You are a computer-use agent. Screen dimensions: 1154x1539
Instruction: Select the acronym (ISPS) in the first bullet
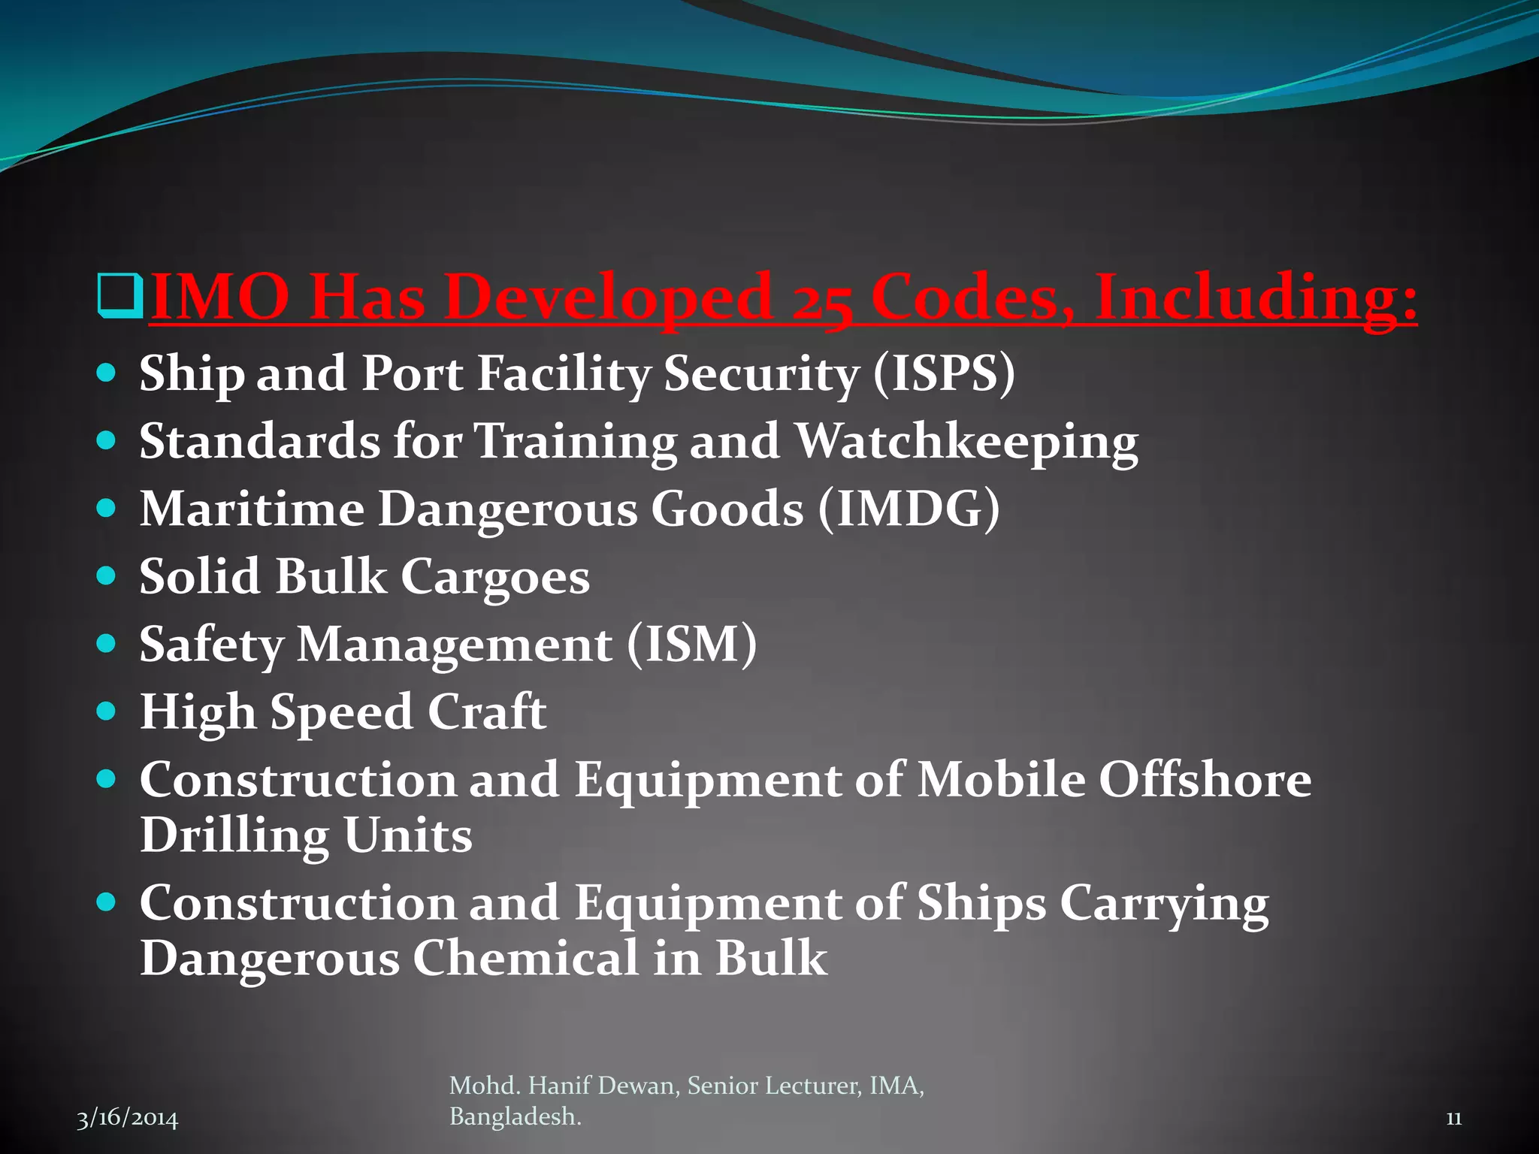[x=944, y=373]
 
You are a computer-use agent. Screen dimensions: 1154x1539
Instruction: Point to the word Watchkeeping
[x=966, y=442]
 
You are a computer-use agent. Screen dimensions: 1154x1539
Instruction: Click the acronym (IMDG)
[x=909, y=509]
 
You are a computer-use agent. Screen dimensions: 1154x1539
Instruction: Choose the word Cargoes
[x=495, y=577]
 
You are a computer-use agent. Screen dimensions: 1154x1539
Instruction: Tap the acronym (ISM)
[x=691, y=645]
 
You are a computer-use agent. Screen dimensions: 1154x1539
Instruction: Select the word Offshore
[x=1205, y=780]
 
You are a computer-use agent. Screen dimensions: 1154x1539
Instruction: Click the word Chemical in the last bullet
[x=526, y=959]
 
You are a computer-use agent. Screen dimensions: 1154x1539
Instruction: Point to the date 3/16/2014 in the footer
[x=128, y=1119]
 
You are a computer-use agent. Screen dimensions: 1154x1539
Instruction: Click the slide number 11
[x=1453, y=1119]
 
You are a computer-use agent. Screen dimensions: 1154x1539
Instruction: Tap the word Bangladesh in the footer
[x=515, y=1117]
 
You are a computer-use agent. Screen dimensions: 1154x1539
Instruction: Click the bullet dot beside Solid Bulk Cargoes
[x=107, y=575]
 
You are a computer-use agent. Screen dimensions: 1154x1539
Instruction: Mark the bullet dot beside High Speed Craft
[x=107, y=711]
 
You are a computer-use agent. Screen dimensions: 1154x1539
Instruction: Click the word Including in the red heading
[x=1256, y=298]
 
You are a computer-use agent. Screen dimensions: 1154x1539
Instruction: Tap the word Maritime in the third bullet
[x=252, y=509]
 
